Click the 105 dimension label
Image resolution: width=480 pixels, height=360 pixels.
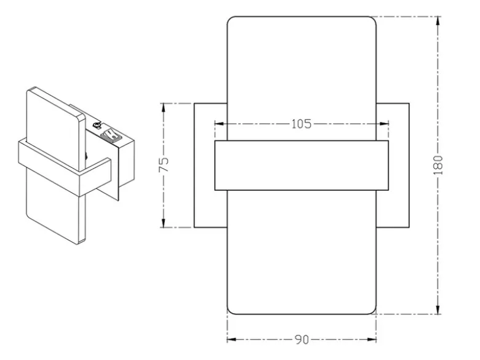pyautogui.click(x=301, y=124)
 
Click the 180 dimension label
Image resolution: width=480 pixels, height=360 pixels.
pyautogui.click(x=438, y=165)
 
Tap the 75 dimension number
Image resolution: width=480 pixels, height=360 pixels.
pyautogui.click(x=164, y=165)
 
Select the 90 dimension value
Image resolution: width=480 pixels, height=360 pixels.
pyautogui.click(x=302, y=340)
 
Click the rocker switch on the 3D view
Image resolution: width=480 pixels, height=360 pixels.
pyautogui.click(x=110, y=135)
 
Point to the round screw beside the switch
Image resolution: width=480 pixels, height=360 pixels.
pyautogui.click(x=97, y=125)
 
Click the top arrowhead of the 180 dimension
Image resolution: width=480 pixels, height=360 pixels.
pyautogui.click(x=438, y=21)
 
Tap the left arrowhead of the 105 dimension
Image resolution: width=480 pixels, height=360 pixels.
pyautogui.click(x=219, y=124)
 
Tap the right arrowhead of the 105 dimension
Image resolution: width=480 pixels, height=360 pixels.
pyautogui.click(x=384, y=124)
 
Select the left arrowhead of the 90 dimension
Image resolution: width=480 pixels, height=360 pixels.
pyautogui.click(x=231, y=340)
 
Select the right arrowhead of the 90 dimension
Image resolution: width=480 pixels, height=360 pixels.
pyautogui.click(x=372, y=340)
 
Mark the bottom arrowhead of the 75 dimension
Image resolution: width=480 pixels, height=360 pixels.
pyautogui.click(x=164, y=223)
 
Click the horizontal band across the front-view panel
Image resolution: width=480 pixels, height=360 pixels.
pyautogui.click(x=302, y=166)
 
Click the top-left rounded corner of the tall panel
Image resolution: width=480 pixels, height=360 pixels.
pyautogui.click(x=230, y=18)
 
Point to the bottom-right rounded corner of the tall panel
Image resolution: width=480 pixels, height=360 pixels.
pyautogui.click(x=374, y=312)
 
